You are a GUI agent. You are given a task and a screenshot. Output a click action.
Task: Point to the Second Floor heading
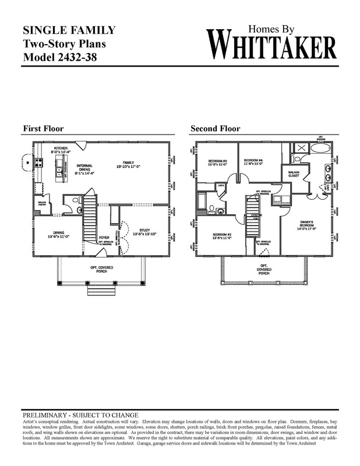click(x=215, y=129)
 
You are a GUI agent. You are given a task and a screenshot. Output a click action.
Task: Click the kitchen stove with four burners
click(x=39, y=163)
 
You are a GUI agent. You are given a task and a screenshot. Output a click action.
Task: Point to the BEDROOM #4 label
click(x=255, y=161)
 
